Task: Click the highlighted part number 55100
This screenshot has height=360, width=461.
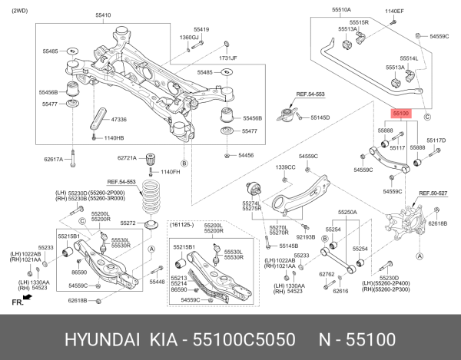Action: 401,113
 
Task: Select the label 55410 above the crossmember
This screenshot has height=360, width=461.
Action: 102,15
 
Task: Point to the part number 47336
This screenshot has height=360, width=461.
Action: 119,120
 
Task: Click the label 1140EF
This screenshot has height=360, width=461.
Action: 394,12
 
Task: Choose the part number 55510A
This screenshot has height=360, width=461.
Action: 341,10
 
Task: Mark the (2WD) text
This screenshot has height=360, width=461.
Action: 14,7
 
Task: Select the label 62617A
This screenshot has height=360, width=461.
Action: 54,160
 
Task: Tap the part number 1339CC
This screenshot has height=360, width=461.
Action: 285,167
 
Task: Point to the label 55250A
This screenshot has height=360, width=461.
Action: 347,212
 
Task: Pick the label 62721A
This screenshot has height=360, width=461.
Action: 127,158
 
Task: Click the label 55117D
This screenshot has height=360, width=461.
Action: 436,140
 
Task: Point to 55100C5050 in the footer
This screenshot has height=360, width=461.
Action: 248,339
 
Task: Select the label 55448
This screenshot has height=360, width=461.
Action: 157,282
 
